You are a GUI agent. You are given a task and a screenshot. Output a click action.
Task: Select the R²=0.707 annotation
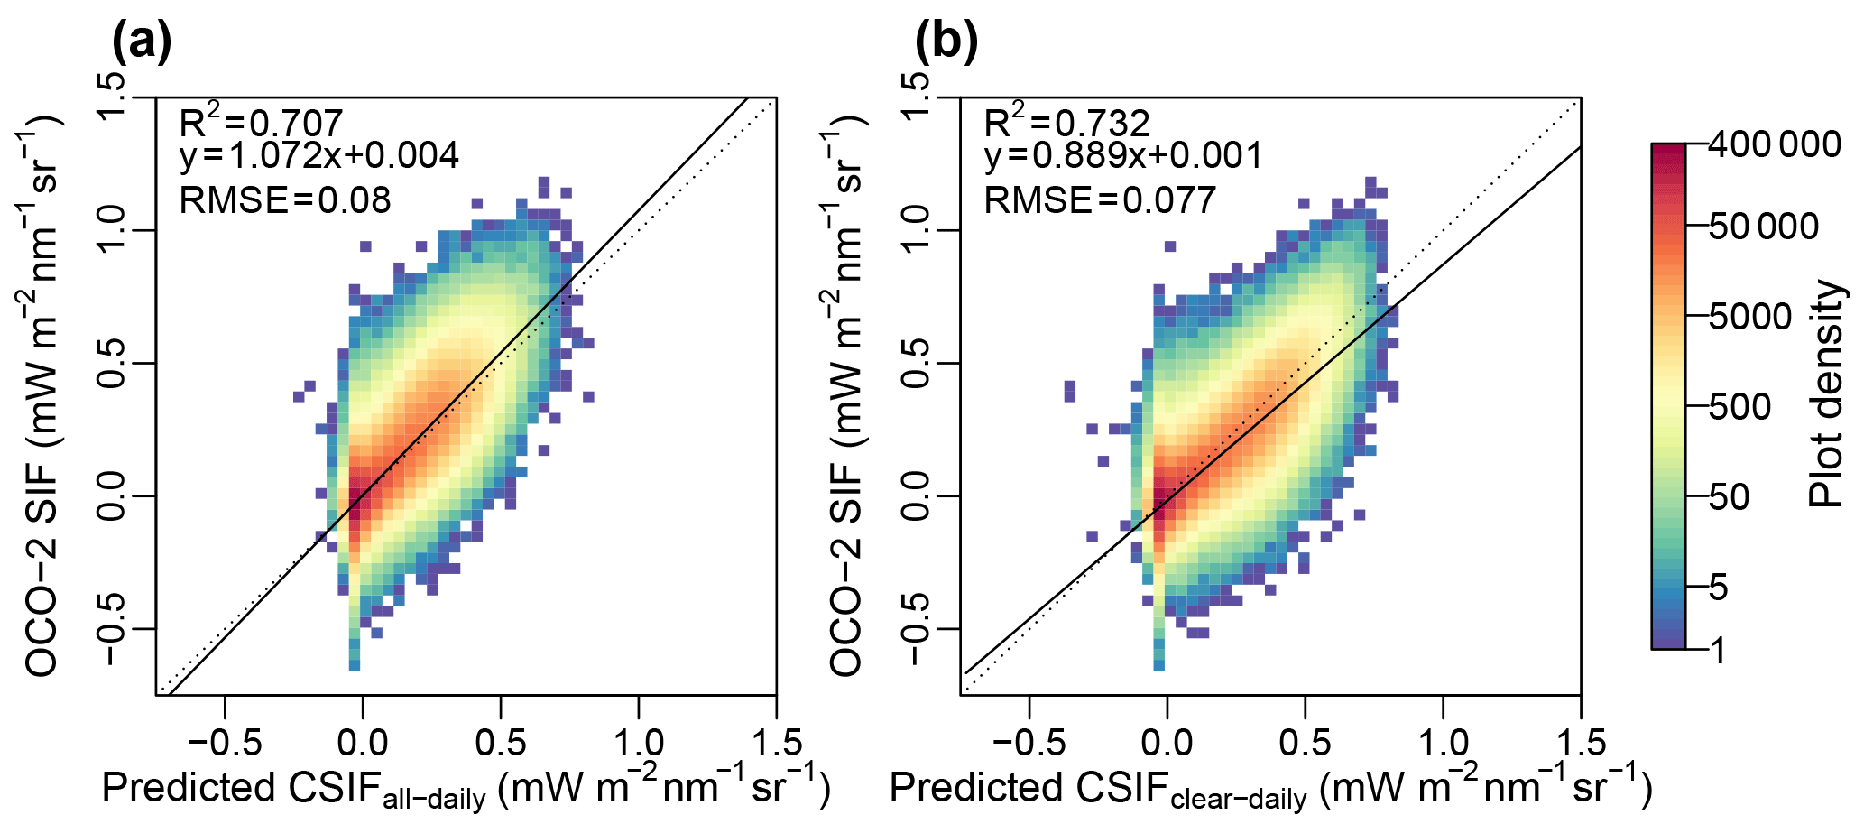point(261,122)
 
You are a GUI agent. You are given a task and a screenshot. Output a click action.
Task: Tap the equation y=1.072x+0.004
point(319,156)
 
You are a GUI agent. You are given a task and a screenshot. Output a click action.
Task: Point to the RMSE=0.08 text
point(285,199)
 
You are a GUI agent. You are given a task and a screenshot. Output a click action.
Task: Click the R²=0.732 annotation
point(1066,122)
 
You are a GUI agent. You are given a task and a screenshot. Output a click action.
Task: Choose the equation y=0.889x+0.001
point(1123,156)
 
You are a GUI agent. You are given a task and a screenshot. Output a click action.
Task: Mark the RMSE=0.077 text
point(1100,199)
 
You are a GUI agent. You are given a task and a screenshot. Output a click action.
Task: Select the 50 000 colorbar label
point(1764,227)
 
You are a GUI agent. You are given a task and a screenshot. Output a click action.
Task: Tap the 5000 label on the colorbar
point(1750,317)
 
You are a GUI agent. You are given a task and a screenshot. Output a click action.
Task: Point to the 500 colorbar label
point(1739,407)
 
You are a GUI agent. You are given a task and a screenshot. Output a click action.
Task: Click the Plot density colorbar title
point(1826,393)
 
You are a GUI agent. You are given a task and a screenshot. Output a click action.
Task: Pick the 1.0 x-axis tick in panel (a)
point(639,744)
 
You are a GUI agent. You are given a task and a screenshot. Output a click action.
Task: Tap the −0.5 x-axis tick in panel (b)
point(1028,744)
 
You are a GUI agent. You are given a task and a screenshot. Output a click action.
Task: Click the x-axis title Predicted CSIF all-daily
point(466,789)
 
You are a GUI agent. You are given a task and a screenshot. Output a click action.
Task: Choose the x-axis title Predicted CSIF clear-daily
point(1270,789)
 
